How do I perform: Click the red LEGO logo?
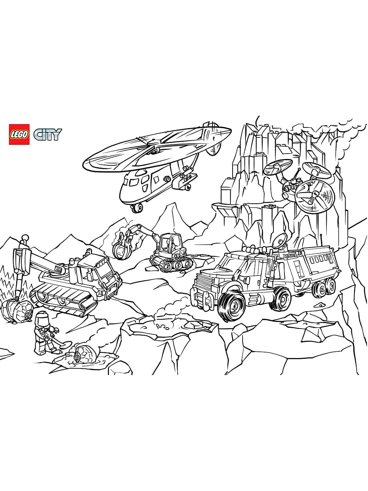19,134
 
